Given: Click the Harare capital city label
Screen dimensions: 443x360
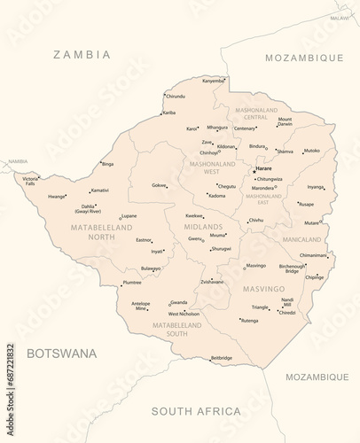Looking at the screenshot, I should pyautogui.click(x=264, y=167).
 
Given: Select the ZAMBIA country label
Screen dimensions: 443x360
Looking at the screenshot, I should pyautogui.click(x=82, y=55).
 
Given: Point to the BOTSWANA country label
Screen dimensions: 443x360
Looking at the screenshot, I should pyautogui.click(x=61, y=353).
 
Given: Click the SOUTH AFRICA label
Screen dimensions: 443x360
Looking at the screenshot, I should pyautogui.click(x=196, y=411).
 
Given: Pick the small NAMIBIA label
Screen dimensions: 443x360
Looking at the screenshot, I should pyautogui.click(x=17, y=161).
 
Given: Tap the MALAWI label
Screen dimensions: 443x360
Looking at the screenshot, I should pyautogui.click(x=340, y=18).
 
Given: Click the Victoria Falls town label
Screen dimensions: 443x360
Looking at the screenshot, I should pyautogui.click(x=30, y=181).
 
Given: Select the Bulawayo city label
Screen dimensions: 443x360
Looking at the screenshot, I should pyautogui.click(x=151, y=268).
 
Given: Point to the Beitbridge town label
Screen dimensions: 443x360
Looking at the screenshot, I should pyautogui.click(x=222, y=358).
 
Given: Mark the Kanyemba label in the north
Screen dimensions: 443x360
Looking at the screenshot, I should pyautogui.click(x=213, y=81).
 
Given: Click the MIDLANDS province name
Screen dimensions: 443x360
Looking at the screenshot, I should pyautogui.click(x=203, y=227).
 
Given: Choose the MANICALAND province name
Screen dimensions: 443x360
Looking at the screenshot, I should pyautogui.click(x=301, y=239).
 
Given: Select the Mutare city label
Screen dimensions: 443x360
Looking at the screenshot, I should pyautogui.click(x=311, y=222).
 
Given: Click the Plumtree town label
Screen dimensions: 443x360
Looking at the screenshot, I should pyautogui.click(x=132, y=282).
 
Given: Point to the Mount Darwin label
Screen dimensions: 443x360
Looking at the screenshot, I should pyautogui.click(x=285, y=121).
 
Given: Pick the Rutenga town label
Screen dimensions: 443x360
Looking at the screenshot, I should pyautogui.click(x=249, y=320).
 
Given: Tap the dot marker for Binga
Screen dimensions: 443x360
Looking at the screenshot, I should pyautogui.click(x=99, y=164).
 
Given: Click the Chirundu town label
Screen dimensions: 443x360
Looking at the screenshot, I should pyautogui.click(x=176, y=96).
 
